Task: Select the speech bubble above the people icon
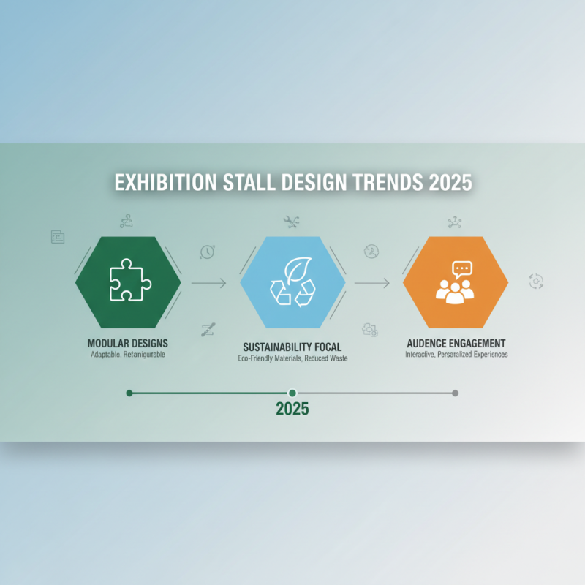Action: point(461,269)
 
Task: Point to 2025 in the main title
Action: point(450,183)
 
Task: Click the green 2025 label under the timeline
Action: point(292,409)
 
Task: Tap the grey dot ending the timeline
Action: point(455,393)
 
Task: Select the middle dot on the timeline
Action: point(292,393)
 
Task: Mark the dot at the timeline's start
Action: point(129,393)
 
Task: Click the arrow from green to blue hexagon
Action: point(210,282)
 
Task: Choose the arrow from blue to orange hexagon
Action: point(371,282)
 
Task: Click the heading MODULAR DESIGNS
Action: point(127,343)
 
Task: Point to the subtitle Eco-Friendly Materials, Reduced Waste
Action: point(292,359)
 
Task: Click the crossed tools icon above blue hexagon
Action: point(291,221)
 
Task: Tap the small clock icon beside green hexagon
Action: point(207,252)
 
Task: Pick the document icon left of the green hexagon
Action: point(57,236)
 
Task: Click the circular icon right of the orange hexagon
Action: point(536,282)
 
